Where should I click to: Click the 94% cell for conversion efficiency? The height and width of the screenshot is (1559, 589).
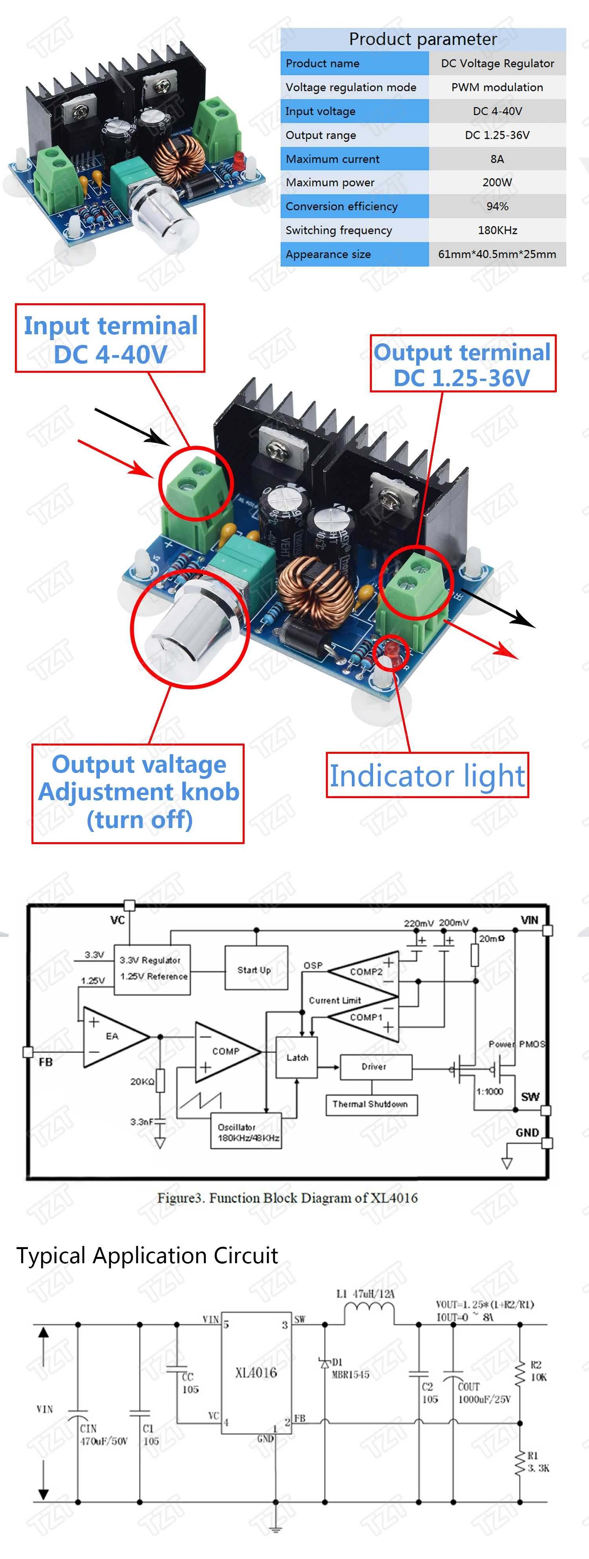tap(497, 206)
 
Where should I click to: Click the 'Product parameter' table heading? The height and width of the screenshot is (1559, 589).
tap(423, 39)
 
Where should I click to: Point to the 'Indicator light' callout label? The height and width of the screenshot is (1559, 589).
tap(427, 776)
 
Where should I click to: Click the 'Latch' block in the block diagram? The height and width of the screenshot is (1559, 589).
tap(297, 1057)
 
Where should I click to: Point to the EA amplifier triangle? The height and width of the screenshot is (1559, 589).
tap(112, 1036)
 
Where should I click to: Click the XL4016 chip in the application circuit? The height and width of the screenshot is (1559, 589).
tap(256, 1372)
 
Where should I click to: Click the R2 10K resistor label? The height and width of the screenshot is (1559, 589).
tap(538, 1371)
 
